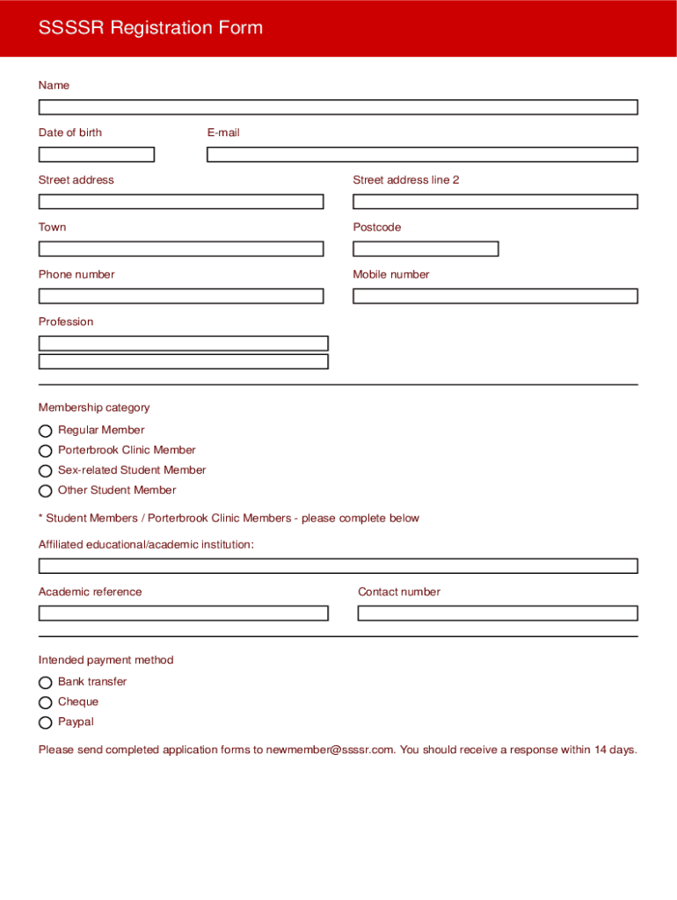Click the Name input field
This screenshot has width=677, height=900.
coord(338,107)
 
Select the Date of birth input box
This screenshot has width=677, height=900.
coord(97,155)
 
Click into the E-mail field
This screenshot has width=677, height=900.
coord(422,155)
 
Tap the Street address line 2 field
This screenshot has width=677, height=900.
coord(495,201)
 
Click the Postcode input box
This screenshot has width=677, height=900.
coord(426,249)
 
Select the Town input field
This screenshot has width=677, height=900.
coord(181,249)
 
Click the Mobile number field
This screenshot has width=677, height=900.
coord(495,296)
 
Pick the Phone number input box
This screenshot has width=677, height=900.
coord(181,296)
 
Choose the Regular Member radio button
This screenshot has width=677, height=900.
coord(46,431)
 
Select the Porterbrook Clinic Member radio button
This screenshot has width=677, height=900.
coord(46,451)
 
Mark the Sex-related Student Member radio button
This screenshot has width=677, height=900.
coord(46,471)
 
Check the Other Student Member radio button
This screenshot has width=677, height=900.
coord(46,491)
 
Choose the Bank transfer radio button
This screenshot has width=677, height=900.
coord(46,683)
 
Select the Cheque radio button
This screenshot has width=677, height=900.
coord(46,703)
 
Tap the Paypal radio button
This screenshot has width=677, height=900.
coord(46,723)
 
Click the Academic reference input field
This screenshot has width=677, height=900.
coord(183,613)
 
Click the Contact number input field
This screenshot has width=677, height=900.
coord(498,613)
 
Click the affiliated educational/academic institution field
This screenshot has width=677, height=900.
coord(338,566)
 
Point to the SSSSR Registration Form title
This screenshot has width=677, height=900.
coord(150,28)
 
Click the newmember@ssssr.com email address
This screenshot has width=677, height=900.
coord(330,750)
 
